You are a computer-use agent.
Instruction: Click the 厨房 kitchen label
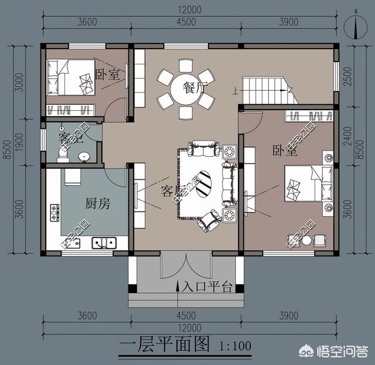pyautogui.click(x=97, y=204)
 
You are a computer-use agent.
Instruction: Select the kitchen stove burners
pyautogui.click(x=56, y=212)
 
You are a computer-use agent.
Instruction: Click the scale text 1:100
pyautogui.click(x=234, y=346)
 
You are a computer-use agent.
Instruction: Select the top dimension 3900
pyautogui.click(x=289, y=22)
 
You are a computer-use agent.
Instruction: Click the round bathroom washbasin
pyautogui.click(x=85, y=156)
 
